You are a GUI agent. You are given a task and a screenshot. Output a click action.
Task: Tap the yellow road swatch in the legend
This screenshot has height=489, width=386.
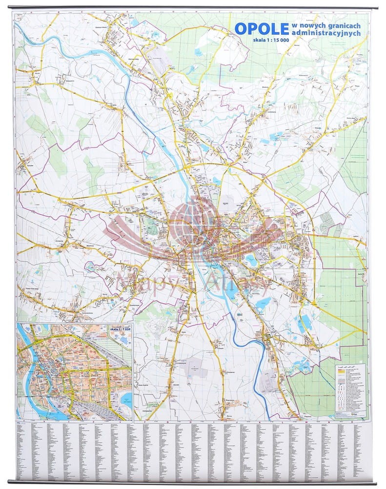(340, 372)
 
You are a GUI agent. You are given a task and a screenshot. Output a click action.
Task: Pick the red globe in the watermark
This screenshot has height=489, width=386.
(190, 220)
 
